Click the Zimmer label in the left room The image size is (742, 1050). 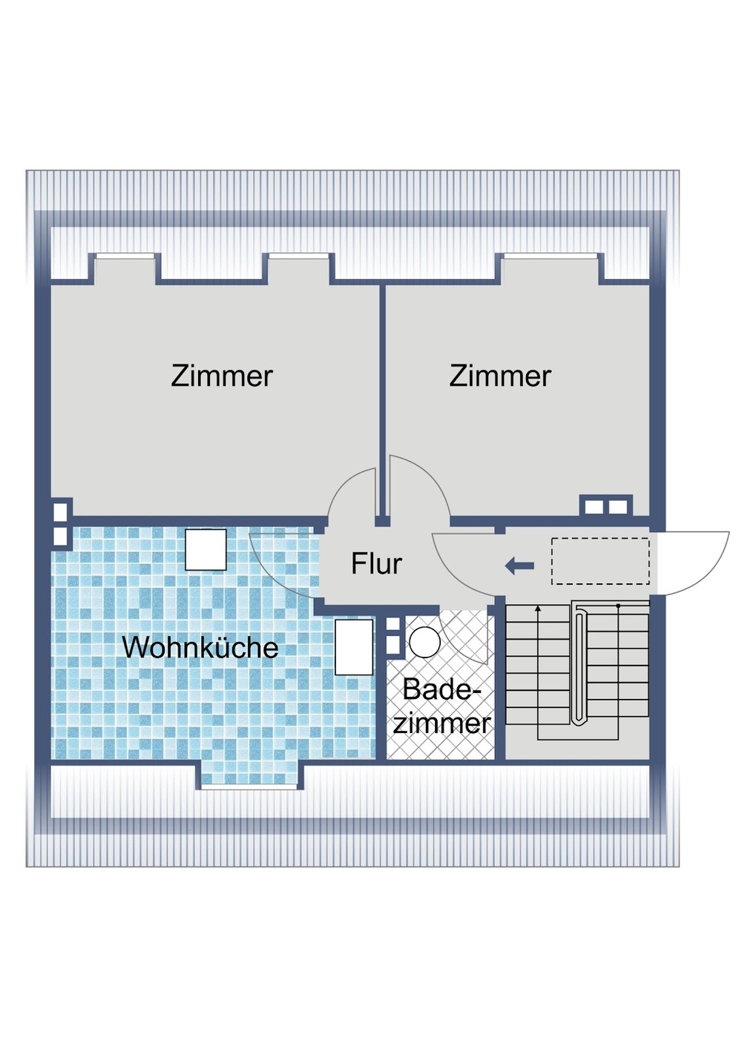[222, 376]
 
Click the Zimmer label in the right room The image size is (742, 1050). [500, 376]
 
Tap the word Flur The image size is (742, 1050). [376, 564]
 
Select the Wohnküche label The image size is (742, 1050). [200, 648]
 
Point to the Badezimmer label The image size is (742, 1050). [442, 706]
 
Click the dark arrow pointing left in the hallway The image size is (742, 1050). [519, 566]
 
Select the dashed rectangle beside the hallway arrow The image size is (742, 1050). [600, 561]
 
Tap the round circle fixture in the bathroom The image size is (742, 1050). [424, 643]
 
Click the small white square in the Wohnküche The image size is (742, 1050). [206, 550]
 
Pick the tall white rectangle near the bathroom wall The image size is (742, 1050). [354, 647]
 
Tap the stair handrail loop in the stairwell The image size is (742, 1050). [580, 664]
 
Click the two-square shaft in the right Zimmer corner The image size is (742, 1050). [605, 506]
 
